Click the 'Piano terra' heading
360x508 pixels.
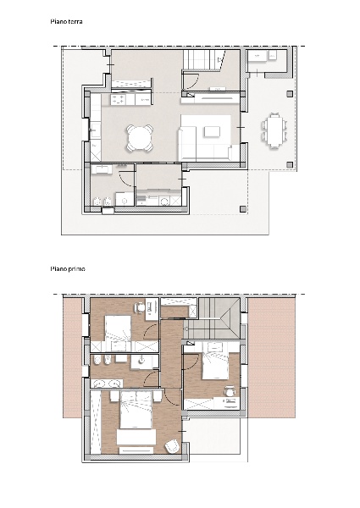[66, 21]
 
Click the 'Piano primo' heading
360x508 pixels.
[68, 268]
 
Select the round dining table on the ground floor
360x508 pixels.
[139, 137]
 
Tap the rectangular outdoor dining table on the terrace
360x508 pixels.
[274, 130]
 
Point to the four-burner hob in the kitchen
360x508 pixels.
[119, 100]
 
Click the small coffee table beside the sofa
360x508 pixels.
[213, 131]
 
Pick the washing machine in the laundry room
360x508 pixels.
[164, 202]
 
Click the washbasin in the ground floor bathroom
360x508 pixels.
[101, 168]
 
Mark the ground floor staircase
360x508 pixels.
[200, 59]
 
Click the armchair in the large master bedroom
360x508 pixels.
[172, 446]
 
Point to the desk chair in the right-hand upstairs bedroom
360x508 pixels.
[230, 390]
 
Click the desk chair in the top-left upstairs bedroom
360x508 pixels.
[140, 307]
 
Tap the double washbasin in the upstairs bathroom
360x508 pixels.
[108, 384]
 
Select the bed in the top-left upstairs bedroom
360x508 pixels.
[118, 329]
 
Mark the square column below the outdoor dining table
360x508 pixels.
[290, 164]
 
